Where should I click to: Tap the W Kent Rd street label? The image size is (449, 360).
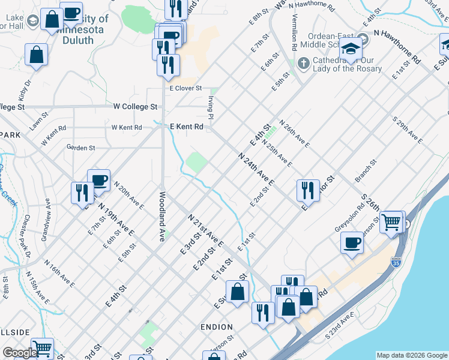pyautogui.click(x=126, y=127)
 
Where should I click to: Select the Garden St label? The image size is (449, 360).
pyautogui.click(x=81, y=147)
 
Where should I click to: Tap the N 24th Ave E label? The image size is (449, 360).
pyautogui.click(x=256, y=169)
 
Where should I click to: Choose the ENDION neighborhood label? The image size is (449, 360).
pyautogui.click(x=217, y=327)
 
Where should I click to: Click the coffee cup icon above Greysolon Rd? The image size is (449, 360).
pyautogui.click(x=352, y=243)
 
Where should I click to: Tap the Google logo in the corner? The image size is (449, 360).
pyautogui.click(x=20, y=353)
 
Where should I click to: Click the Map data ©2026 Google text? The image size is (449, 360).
pyautogui.click(x=412, y=355)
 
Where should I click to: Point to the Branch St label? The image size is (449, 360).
pyautogui.click(x=366, y=171)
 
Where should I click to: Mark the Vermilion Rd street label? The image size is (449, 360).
pyautogui.click(x=294, y=38)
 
